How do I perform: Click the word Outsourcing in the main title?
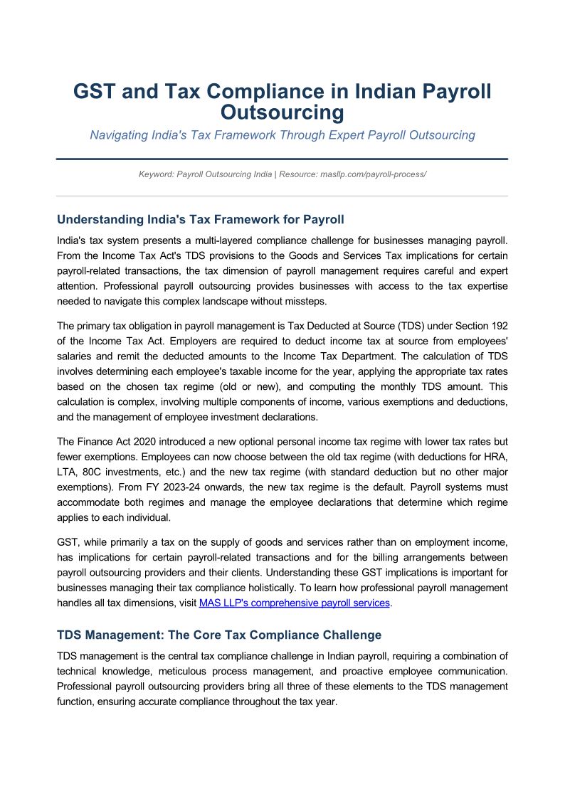point(282,112)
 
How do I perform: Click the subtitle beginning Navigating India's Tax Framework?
point(282,135)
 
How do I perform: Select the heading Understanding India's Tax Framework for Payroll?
point(201,219)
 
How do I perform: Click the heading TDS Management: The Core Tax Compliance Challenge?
point(219,635)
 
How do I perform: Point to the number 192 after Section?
point(498,326)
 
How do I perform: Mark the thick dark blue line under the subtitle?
point(282,159)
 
